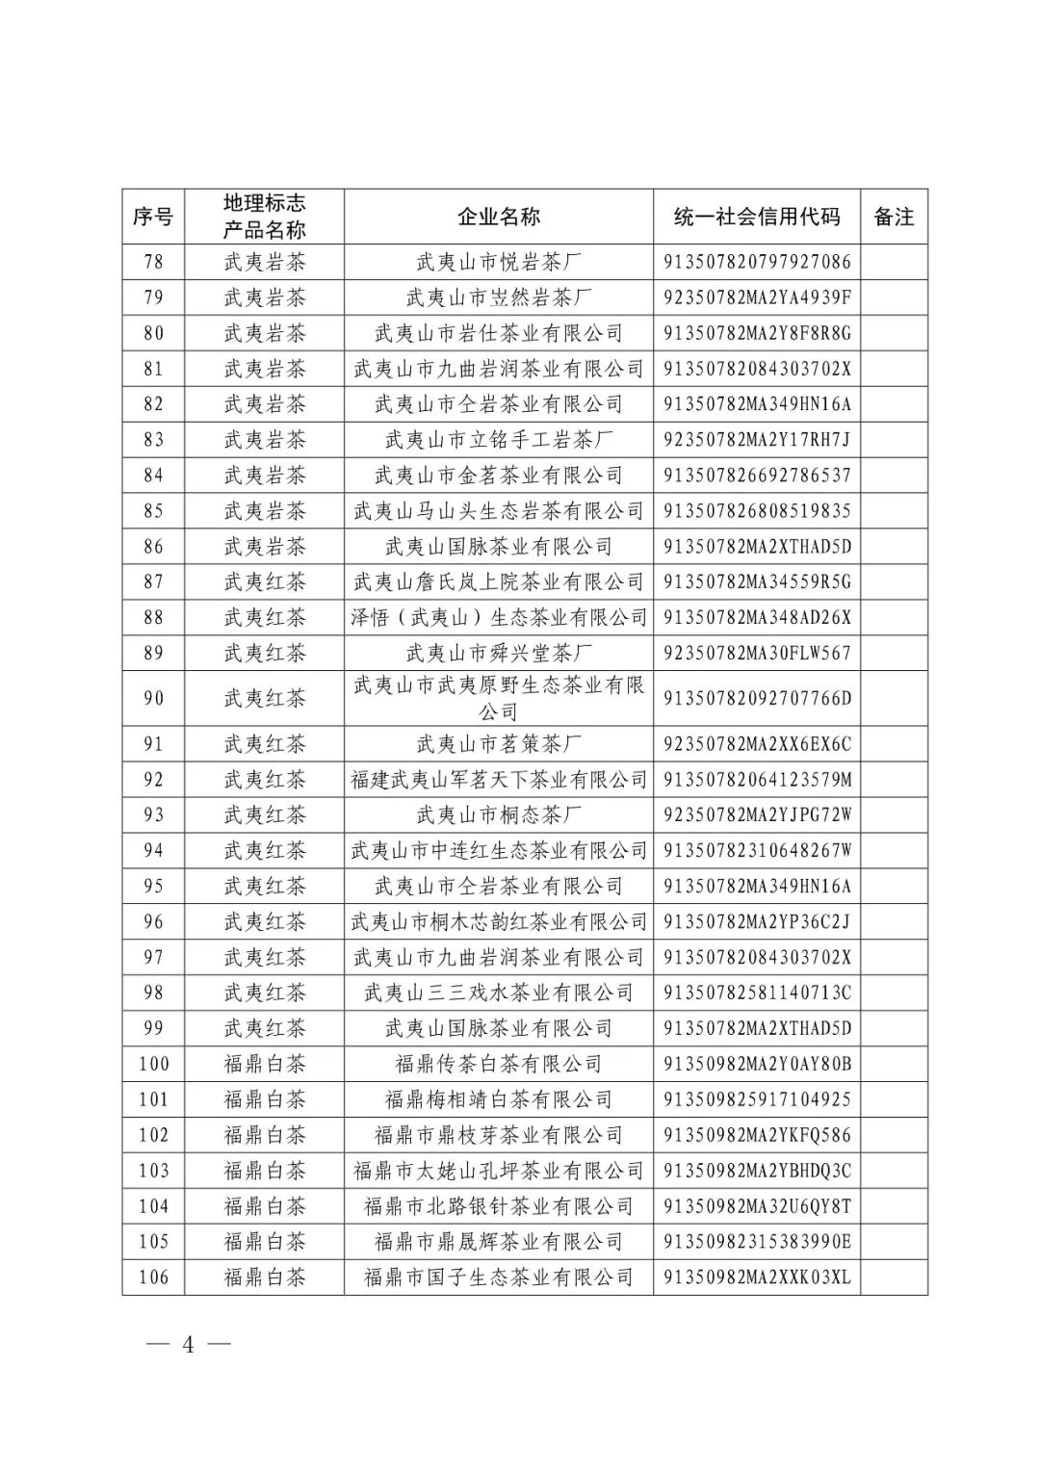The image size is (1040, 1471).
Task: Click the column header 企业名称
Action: coord(498,217)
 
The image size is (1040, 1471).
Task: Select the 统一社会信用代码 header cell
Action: coord(757,217)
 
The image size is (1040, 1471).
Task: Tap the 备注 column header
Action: coord(894,217)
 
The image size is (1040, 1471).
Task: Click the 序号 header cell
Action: coord(153,217)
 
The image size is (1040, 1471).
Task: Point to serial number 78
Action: coord(153,262)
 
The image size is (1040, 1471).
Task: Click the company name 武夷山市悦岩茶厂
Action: coord(498,262)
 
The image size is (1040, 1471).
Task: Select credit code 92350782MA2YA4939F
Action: coord(757,297)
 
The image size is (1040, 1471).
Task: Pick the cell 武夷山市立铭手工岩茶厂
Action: coord(498,440)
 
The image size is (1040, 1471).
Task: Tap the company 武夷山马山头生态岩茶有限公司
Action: coord(498,511)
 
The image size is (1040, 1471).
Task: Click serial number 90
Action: coord(153,698)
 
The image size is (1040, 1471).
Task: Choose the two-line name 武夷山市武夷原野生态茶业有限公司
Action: coord(498,698)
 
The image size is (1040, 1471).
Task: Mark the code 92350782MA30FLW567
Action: coord(757,653)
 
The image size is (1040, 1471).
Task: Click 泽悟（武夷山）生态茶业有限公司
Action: coord(498,617)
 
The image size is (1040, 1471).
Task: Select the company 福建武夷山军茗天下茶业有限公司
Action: coord(498,780)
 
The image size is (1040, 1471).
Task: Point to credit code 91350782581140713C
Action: coord(757,993)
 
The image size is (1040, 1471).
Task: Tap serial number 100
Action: coord(153,1064)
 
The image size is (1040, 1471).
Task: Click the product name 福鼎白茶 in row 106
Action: coord(264,1277)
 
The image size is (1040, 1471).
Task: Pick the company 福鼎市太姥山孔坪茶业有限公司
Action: coord(498,1171)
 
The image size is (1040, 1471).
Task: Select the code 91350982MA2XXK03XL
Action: coord(757,1277)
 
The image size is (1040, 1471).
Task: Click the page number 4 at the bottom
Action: coord(189,1345)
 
